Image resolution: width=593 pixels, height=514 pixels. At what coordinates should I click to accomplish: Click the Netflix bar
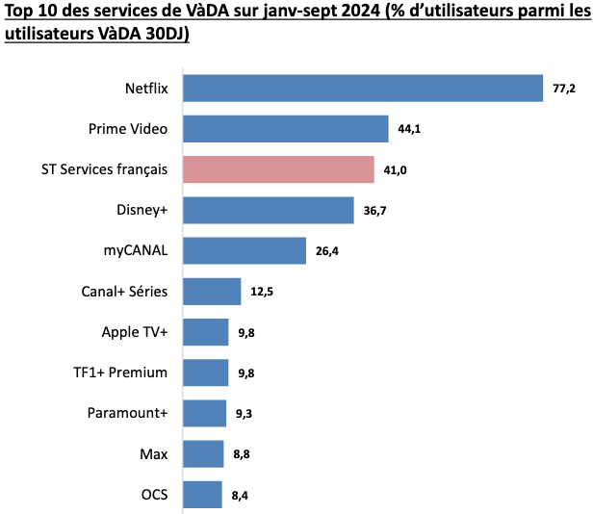tap(362, 88)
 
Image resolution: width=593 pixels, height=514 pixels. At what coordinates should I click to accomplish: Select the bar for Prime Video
tap(285, 129)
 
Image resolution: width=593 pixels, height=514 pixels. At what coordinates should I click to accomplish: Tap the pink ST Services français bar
tap(277, 169)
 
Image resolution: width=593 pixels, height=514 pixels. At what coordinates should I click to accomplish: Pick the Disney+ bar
tap(268, 210)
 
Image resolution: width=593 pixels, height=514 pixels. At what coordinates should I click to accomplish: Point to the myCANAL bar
tap(244, 250)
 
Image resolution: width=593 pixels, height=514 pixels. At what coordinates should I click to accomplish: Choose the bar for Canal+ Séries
tap(211, 292)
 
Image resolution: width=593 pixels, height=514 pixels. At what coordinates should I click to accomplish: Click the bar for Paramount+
tap(204, 413)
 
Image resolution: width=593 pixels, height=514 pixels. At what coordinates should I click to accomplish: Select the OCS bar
tap(202, 495)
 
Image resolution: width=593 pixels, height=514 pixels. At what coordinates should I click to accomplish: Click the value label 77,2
tap(563, 89)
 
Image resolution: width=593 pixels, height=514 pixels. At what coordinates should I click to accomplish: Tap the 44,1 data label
tap(409, 129)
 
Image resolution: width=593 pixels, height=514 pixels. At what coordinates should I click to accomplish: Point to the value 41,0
tap(395, 170)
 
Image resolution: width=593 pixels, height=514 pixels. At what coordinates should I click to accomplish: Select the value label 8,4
tap(241, 496)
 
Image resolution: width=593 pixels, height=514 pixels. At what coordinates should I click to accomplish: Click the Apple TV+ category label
tap(135, 332)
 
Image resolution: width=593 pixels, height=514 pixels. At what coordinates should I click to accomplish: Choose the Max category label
tap(154, 453)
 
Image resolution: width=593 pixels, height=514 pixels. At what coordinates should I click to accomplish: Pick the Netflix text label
tap(146, 89)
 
